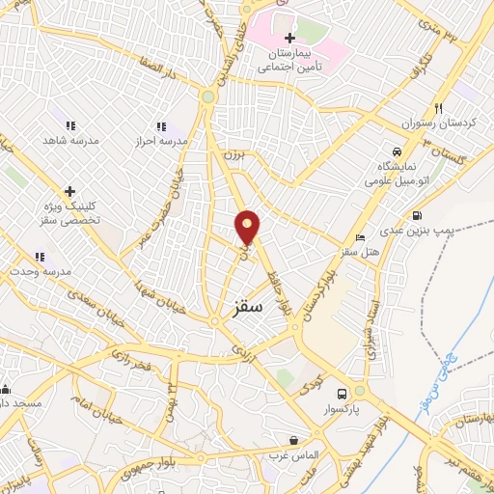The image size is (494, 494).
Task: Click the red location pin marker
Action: pos(248,228)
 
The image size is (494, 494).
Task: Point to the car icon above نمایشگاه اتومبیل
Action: pos(397,152)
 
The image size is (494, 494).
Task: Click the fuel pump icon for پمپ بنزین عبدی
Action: pos(417,216)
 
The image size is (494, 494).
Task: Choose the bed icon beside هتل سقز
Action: pos(360,237)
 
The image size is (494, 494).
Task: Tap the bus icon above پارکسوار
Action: pos(343,394)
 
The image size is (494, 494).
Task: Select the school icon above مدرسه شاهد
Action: pos(69,125)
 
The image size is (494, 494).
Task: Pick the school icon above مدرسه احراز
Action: pos(162,126)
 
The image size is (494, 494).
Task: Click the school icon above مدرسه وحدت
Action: pos(40,257)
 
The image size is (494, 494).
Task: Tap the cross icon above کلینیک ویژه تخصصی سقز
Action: pos(69,191)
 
